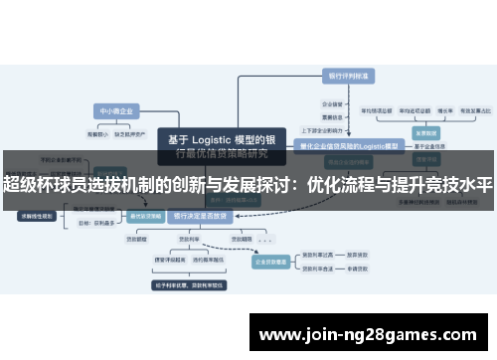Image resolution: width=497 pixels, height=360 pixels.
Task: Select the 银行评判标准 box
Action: pos(348,75)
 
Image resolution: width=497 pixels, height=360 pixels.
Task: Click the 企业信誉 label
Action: pos(333,102)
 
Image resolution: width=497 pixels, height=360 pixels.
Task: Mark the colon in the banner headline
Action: pos(295,185)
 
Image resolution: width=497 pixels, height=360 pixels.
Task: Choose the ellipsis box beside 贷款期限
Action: pos(265,240)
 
